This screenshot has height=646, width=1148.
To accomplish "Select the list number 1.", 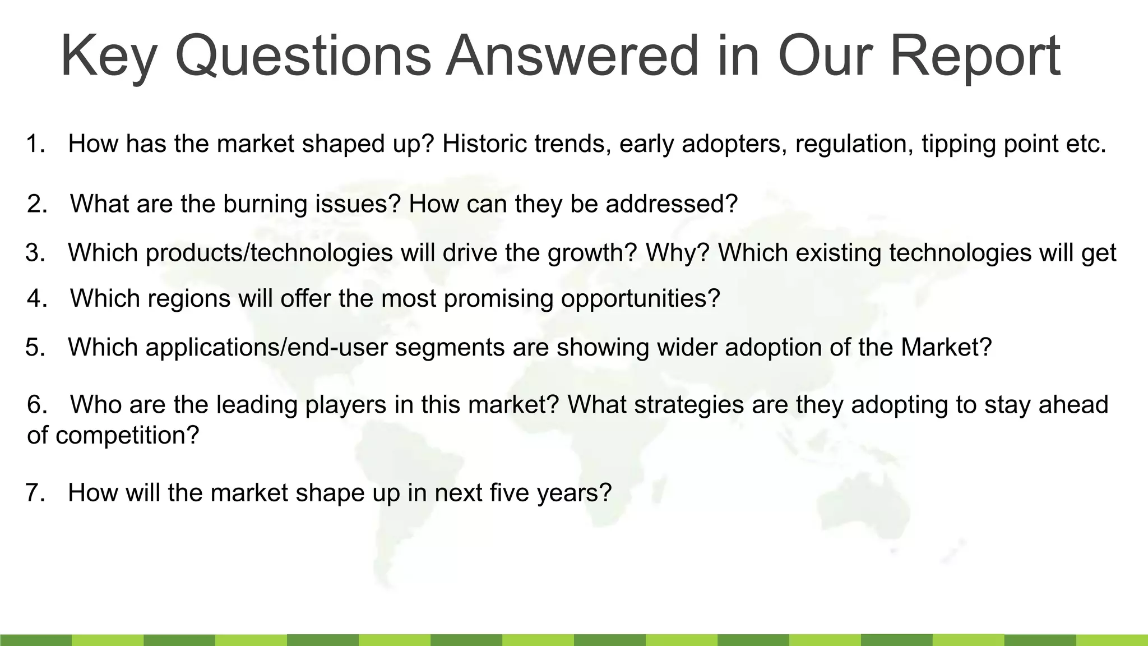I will (35, 144).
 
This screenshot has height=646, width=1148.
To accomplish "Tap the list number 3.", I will (35, 253).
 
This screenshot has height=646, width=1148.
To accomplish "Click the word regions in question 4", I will (189, 298).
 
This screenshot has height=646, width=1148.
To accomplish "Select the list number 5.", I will (35, 348).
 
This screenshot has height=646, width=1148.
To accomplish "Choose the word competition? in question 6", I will (127, 435).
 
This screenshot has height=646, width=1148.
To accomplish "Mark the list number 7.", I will (35, 493).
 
